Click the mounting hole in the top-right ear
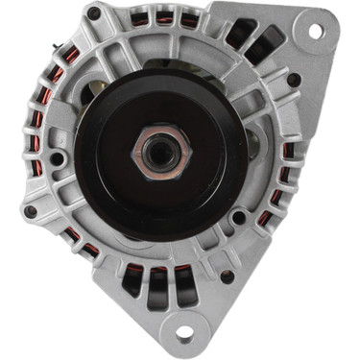tap(315, 30)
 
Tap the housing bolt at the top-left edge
tap(93, 14)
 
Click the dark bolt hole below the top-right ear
tap(294, 80)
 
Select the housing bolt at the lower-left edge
tap(31, 211)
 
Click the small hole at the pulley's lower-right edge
tap(237, 217)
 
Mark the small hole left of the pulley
tap(58, 158)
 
